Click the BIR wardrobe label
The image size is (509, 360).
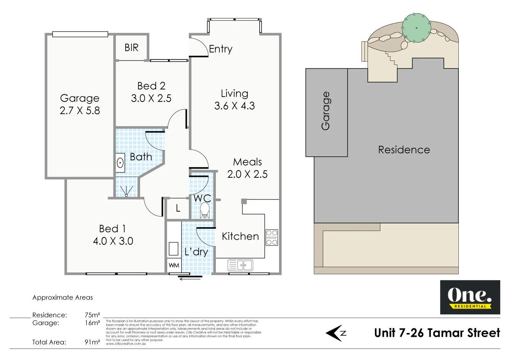pos(131,48)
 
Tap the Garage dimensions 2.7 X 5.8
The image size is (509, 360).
pos(80,111)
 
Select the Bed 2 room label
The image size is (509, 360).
pos(151,86)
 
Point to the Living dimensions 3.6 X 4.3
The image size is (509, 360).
pos(235,106)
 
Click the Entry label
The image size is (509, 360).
pos(220,49)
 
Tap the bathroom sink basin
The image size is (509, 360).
pos(120,163)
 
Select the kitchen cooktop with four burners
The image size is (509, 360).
pos(272,237)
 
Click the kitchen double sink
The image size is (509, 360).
pos(240,265)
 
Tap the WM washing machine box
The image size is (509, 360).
pos(174,265)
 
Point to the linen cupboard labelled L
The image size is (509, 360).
pos(178,209)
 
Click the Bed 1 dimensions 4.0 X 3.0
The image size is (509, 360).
pos(113,241)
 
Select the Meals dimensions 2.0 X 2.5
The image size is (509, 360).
pos(247,174)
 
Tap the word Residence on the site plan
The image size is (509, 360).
pos(404,150)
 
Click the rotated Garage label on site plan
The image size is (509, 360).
pos(326,111)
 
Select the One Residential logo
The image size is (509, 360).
pos(470,297)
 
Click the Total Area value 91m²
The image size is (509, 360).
pos(92,342)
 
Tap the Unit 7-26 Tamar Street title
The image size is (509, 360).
pos(437,333)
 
